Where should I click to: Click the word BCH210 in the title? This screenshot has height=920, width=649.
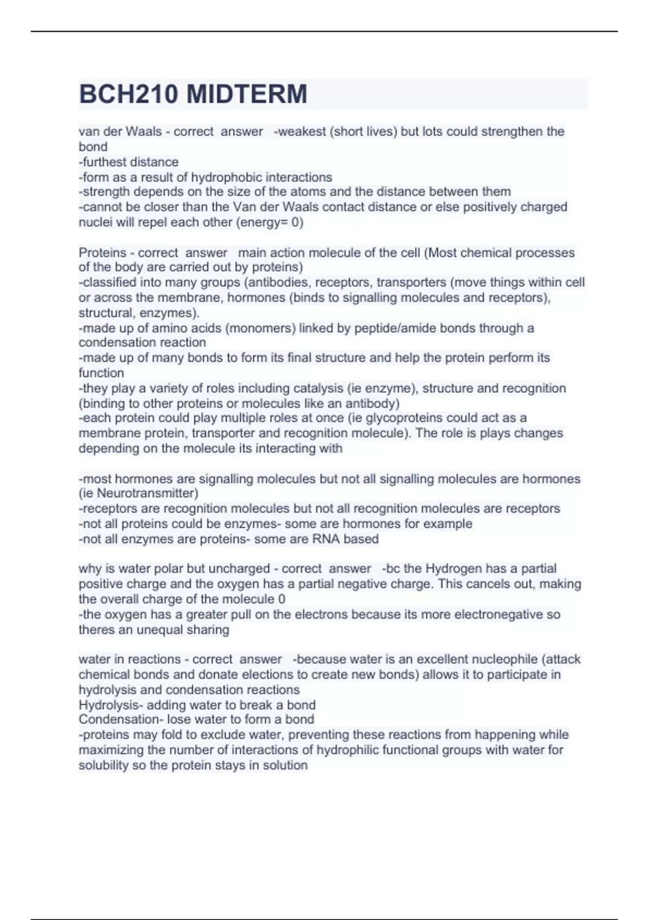(128, 94)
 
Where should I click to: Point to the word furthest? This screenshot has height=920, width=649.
(105, 162)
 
